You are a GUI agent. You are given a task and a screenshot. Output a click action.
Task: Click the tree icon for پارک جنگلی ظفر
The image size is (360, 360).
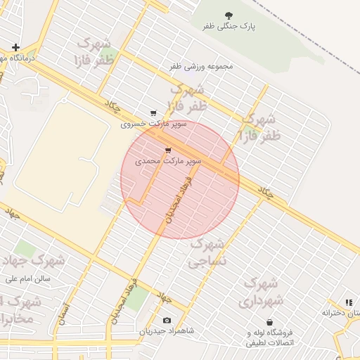229,15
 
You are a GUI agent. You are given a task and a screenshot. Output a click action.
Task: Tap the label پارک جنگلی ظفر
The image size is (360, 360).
229,26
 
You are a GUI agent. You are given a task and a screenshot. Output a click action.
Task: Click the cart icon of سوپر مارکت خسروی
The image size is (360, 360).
153,113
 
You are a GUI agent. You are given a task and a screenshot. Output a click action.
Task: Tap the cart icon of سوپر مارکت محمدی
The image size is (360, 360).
167,150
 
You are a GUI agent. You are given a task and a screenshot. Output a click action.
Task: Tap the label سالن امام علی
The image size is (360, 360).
27,278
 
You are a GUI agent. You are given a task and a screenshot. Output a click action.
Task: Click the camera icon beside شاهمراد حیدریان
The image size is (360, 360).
167,320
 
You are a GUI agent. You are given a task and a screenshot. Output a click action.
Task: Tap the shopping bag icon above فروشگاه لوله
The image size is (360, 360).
269,322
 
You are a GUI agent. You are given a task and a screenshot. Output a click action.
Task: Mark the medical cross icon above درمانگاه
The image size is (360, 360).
15,47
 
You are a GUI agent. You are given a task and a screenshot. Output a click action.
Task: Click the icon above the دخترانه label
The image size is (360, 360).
349,302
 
